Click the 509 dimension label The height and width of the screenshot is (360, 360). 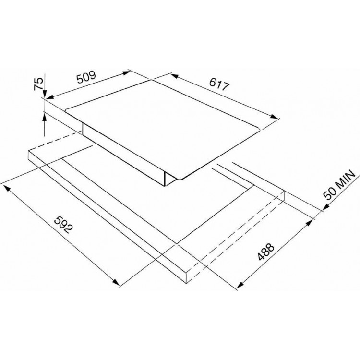click(86, 77)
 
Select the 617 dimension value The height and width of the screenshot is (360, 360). click(219, 84)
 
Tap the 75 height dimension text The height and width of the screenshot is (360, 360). click(38, 84)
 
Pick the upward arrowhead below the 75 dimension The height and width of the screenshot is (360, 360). click(44, 117)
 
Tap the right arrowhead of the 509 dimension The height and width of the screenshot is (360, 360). click(126, 73)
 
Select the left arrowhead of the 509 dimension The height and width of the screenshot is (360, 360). click(50, 97)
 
